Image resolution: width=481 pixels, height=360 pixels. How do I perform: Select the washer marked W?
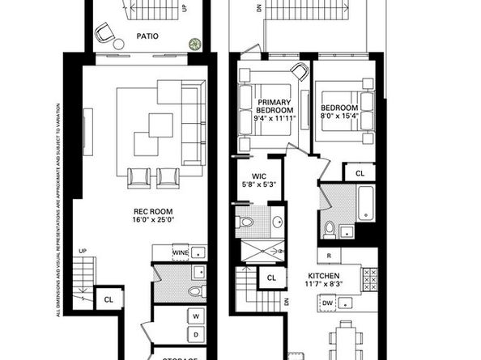196,315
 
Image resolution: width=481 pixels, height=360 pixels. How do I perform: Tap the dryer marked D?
196,332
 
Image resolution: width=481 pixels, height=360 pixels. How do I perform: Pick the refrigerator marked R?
329,256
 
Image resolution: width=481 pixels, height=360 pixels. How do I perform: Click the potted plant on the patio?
194,44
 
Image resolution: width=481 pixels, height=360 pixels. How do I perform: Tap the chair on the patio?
105,33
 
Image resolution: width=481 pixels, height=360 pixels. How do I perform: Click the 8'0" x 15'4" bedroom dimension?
338,116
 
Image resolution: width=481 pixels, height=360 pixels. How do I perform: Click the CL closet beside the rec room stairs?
109,299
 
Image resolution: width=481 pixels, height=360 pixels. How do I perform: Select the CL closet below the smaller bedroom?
360,172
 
